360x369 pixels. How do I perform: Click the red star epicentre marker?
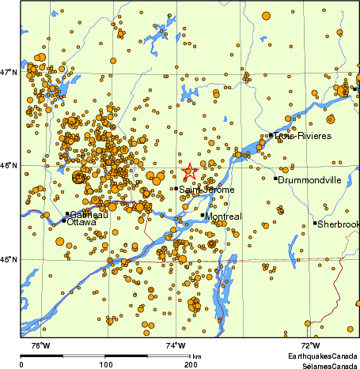[190, 171]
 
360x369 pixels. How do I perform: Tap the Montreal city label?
[223, 216]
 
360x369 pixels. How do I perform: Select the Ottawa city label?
[82, 223]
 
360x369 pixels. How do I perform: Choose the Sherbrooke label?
[338, 224]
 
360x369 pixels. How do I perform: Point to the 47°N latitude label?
[9, 73]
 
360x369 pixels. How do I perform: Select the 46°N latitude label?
[9, 166]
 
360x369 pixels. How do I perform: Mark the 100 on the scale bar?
[105, 364]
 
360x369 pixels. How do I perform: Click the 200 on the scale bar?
[191, 364]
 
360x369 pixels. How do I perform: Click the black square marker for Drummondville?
[275, 179]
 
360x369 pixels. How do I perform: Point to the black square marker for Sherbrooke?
[314, 224]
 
